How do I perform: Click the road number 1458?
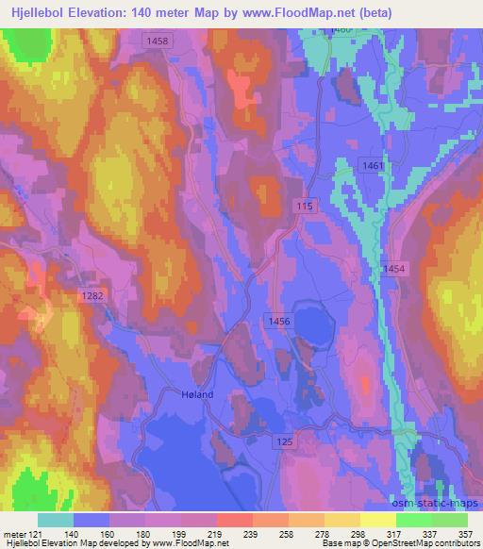pos(158,41)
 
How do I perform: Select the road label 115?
pos(303,206)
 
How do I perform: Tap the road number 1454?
pos(395,270)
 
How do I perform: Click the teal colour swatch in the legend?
pos(56,520)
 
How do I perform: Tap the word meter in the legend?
pos(14,533)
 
